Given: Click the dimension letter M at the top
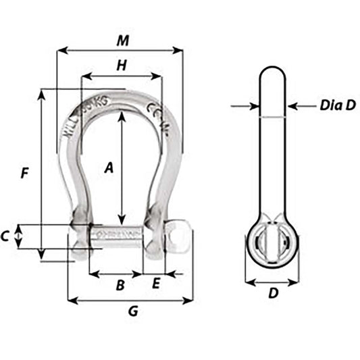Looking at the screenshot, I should click(122, 41).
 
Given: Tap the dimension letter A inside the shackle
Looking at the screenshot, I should click(107, 169).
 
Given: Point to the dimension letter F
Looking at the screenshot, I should click(24, 173).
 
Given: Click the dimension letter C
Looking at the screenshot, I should click(5, 236).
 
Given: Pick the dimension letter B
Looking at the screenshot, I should click(120, 285).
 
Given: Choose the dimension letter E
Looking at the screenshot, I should click(155, 284).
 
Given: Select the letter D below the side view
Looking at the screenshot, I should click(272, 294).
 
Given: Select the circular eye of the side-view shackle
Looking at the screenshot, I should click(272, 241).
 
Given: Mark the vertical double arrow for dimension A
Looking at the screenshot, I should click(122, 169).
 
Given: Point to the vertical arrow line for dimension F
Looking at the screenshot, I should click(42, 173).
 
